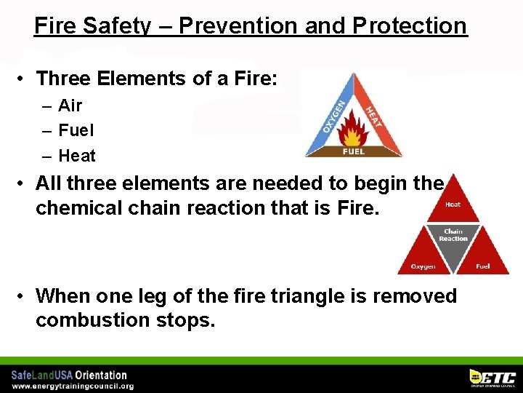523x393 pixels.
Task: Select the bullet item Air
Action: click(70, 106)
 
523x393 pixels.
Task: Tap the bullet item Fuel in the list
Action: click(76, 131)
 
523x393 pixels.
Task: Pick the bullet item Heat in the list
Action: click(76, 156)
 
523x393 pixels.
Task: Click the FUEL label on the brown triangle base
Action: click(354, 151)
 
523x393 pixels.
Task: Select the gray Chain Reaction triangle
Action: click(453, 237)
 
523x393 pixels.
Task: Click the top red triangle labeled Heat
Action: click(453, 205)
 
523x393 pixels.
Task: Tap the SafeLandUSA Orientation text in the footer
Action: click(69, 375)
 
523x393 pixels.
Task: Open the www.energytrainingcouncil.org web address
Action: click(72, 386)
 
